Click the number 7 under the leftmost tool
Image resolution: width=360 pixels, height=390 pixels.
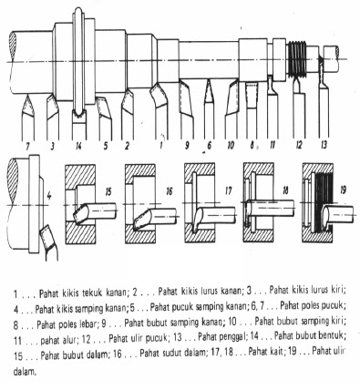[x=27, y=147]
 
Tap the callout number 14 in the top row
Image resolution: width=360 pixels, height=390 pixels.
[x=78, y=147]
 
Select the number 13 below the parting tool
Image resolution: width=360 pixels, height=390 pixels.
[x=324, y=145]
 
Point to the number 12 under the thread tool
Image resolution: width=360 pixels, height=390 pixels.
[x=299, y=145]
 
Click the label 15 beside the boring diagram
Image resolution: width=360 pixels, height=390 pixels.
[x=108, y=192]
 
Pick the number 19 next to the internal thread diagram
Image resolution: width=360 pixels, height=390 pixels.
[x=344, y=190]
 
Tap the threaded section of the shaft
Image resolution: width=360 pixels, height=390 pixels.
[x=297, y=59]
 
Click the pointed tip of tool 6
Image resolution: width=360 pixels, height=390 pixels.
[x=209, y=80]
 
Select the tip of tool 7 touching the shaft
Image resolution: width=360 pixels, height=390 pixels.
[x=27, y=95]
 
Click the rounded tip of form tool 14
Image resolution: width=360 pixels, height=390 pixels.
[x=78, y=113]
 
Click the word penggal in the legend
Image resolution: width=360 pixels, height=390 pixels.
[x=233, y=336]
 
